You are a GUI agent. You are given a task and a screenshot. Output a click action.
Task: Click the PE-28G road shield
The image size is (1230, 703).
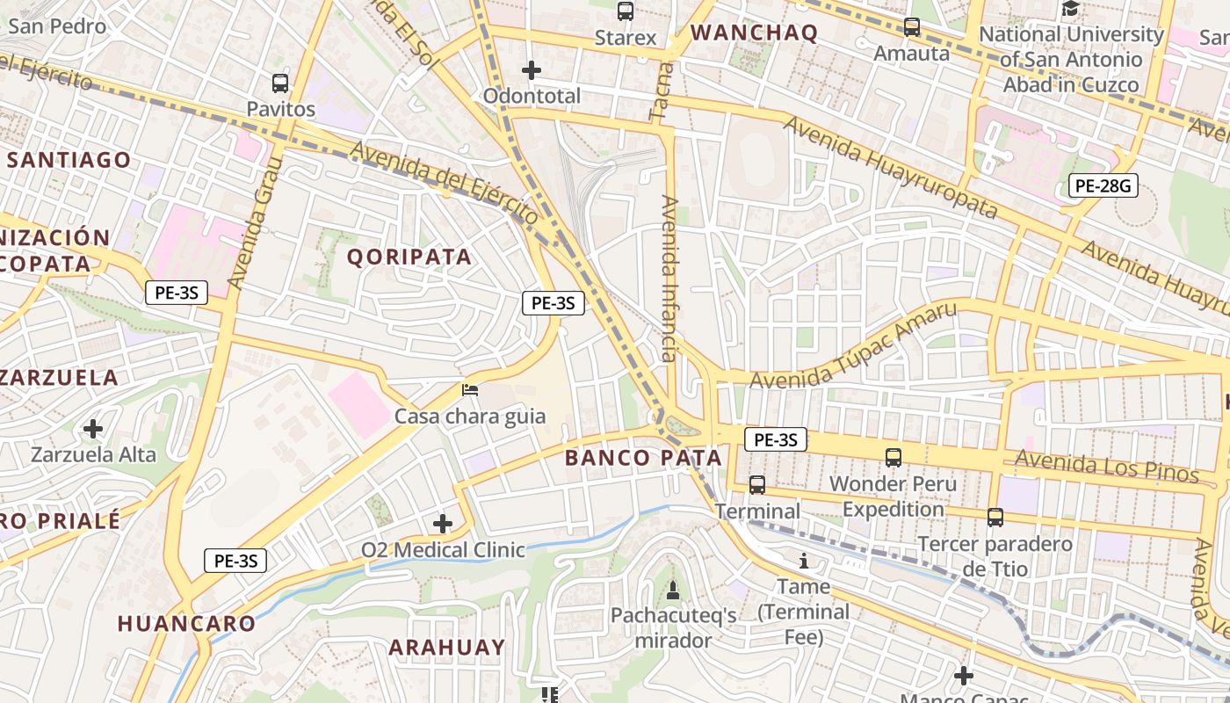1103,185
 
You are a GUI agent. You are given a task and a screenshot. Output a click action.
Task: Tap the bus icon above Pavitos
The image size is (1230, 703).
280,83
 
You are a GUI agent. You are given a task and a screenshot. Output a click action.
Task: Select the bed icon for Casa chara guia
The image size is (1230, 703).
470,389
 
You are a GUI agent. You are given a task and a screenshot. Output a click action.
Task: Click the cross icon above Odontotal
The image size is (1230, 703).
532,70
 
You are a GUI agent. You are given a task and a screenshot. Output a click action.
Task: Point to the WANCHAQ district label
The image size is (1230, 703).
754,33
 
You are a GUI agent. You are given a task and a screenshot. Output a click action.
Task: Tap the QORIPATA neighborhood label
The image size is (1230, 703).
409,257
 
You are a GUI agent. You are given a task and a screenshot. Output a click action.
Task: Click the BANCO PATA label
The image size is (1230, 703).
643,458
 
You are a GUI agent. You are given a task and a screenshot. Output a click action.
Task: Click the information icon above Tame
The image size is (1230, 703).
803,561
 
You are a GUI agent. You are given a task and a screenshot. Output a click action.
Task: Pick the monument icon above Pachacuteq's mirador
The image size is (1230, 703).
673,590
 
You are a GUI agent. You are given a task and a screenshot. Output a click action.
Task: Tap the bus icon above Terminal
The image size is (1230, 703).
756,484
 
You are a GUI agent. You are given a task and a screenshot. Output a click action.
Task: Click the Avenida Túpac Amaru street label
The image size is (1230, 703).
852,345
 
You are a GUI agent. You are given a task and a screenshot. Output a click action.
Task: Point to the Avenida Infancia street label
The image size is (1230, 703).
669,279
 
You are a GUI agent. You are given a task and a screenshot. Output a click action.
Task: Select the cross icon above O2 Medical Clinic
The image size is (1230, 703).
443,525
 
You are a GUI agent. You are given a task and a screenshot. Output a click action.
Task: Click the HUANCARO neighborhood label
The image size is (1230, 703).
186,624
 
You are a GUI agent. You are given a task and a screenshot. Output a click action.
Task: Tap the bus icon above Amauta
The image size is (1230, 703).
912,27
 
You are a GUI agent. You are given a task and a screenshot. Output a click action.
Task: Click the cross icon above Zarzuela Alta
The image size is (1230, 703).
93,429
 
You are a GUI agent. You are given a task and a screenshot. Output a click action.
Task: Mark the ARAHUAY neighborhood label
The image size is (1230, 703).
447,648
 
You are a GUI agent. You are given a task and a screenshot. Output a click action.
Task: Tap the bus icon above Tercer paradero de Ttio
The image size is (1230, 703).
995,518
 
